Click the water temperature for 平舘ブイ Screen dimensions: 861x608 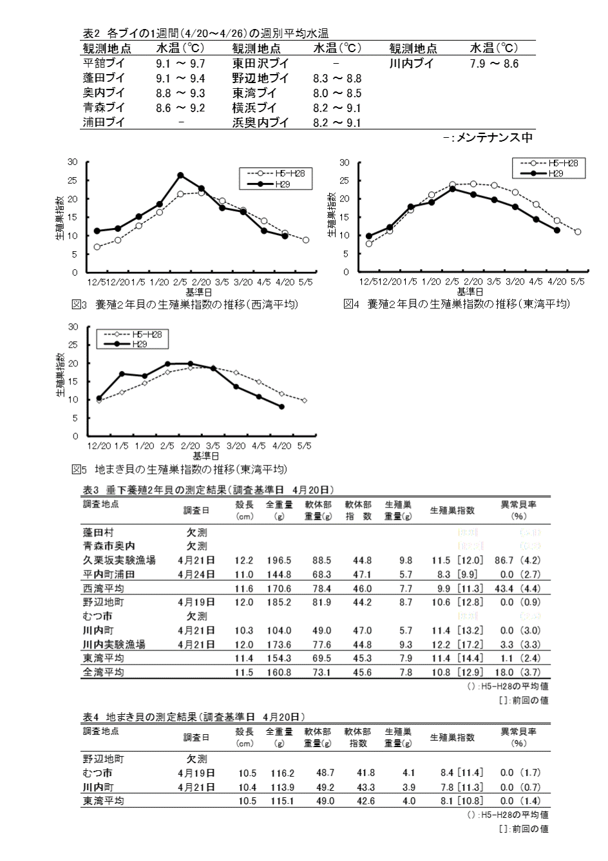click(180, 64)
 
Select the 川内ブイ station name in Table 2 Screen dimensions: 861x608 click(412, 64)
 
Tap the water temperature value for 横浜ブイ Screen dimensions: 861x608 click(337, 108)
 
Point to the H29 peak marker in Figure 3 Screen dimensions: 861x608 click(180, 175)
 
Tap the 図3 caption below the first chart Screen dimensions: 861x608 click(185, 304)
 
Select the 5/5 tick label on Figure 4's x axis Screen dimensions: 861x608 click(578, 282)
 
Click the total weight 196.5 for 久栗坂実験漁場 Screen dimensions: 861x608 click(279, 561)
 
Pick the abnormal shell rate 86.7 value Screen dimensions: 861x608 click(504, 561)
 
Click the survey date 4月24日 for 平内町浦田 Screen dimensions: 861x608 click(196, 574)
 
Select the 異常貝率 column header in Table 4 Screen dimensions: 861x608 click(518, 732)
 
